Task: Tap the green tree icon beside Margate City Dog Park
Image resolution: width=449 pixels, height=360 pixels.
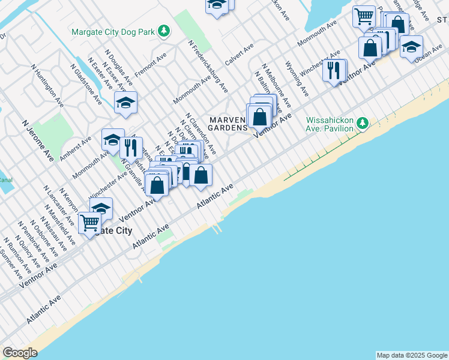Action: (x=163, y=31)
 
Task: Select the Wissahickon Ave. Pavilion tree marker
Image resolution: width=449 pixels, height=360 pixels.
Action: (x=362, y=124)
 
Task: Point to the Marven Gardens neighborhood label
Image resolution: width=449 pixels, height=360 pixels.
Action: (x=228, y=124)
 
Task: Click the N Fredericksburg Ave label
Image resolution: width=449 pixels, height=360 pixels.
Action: (x=208, y=66)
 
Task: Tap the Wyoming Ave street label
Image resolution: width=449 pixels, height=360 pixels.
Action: (x=297, y=78)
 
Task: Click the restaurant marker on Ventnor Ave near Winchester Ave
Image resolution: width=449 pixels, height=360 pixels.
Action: (x=334, y=70)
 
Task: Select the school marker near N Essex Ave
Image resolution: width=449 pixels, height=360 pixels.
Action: (x=125, y=103)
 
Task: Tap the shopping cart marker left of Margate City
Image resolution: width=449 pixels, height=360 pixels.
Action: (x=89, y=224)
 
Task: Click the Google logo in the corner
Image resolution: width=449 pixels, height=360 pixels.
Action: (x=20, y=353)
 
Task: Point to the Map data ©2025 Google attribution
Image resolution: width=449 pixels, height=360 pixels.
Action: (x=412, y=355)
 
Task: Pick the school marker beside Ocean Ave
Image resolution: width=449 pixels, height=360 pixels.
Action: (x=411, y=47)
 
